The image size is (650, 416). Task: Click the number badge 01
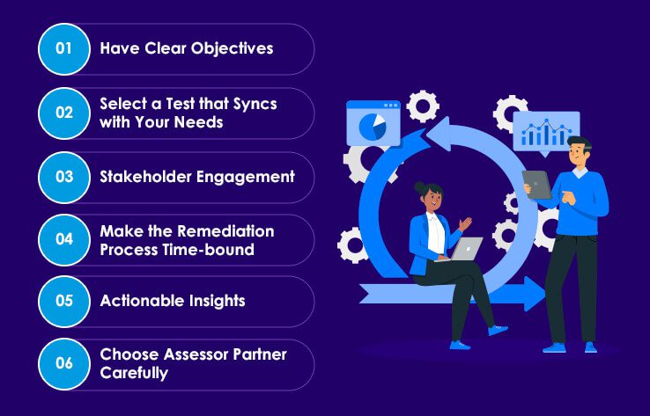click(64, 48)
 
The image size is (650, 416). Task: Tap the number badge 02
click(64, 113)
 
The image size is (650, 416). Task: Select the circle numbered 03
click(64, 177)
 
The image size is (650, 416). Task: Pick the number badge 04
click(64, 240)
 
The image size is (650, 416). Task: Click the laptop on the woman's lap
click(466, 250)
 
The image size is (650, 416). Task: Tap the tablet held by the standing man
click(536, 185)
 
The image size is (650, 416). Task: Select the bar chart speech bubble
click(546, 133)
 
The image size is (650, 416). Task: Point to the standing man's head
click(579, 151)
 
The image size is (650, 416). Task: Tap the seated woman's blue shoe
click(498, 330)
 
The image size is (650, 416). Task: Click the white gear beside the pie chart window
click(423, 106)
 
